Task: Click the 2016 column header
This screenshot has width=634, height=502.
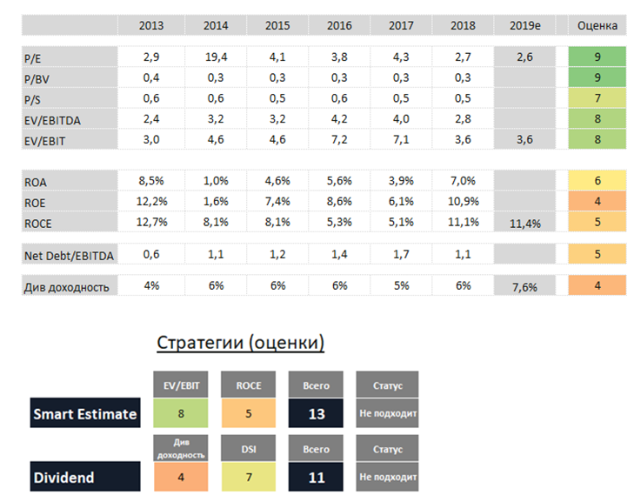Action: point(339,25)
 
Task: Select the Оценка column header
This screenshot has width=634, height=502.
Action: point(597,25)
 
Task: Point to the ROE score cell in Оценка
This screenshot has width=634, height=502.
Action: point(597,202)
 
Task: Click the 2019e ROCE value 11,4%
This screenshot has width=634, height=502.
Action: point(524,224)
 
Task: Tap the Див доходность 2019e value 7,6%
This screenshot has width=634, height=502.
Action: point(524,286)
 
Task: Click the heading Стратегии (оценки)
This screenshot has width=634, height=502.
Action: point(241,343)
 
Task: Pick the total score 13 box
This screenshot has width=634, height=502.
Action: point(317,414)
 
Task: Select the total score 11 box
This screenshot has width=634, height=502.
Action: point(317,477)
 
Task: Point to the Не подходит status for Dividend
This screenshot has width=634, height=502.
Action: point(387,477)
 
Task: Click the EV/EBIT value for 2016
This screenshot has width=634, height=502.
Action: point(339,139)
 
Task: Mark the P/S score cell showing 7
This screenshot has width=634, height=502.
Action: point(597,97)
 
